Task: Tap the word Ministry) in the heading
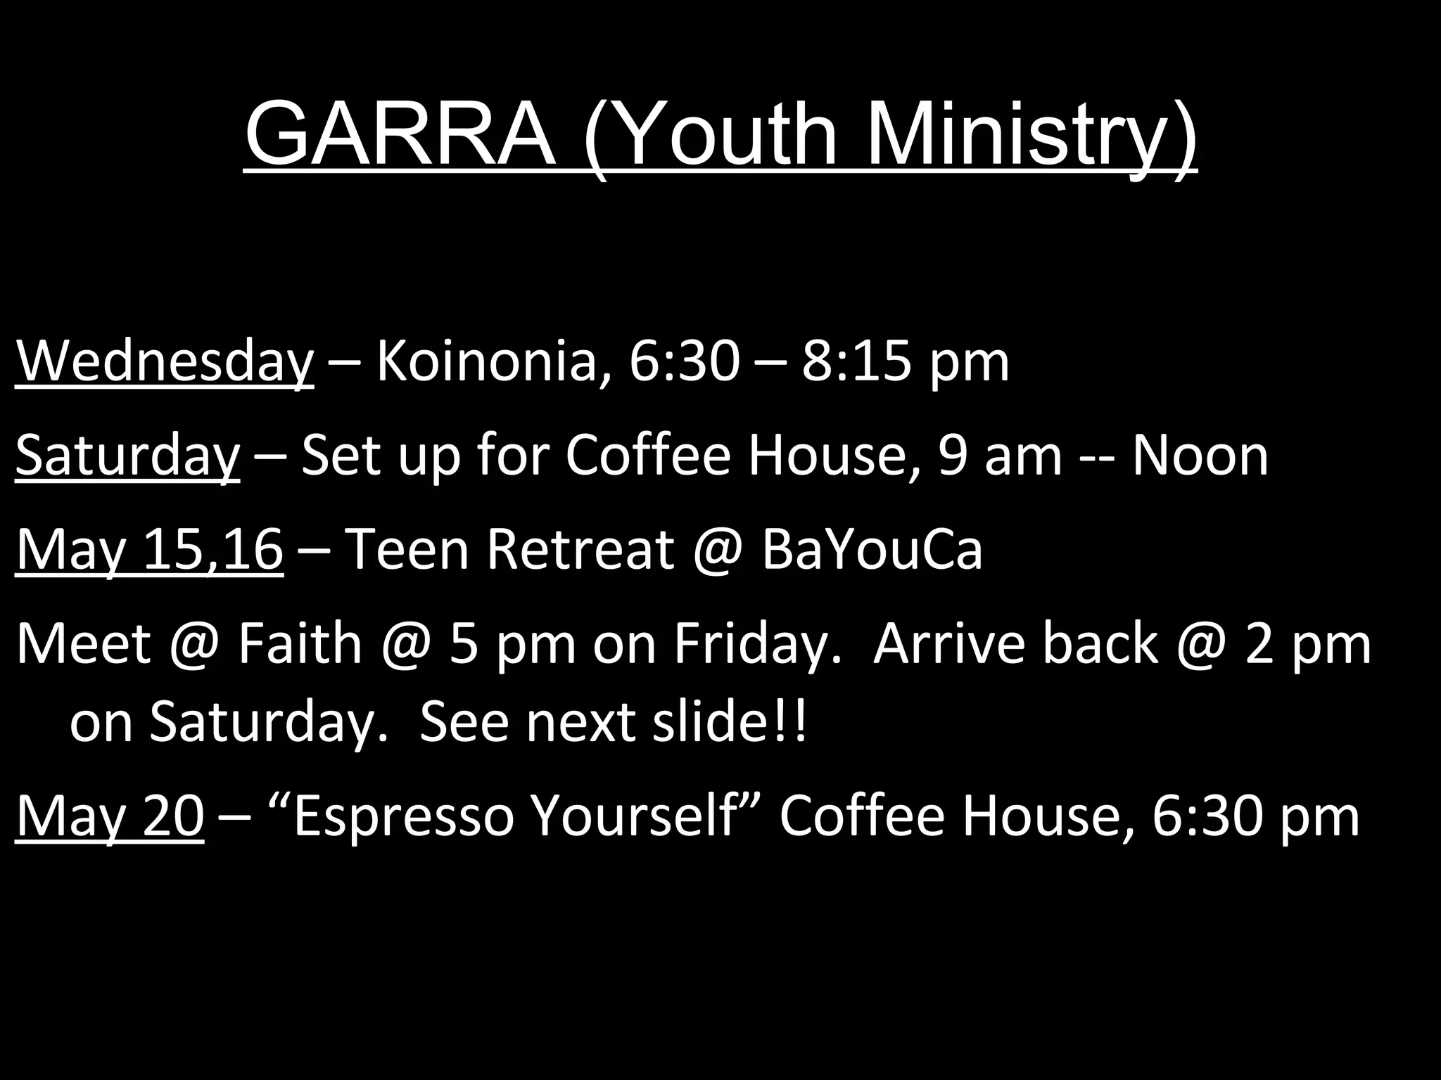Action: point(1030,134)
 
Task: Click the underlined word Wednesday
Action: point(164,363)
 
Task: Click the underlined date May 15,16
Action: point(149,551)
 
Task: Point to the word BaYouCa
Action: point(872,551)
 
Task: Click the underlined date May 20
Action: point(109,817)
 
